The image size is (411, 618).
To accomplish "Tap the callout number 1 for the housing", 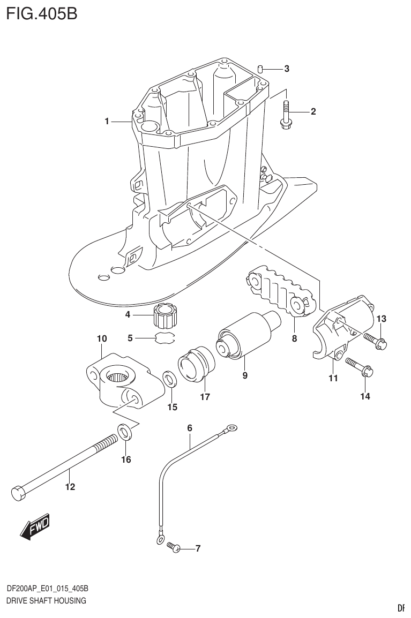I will [x=107, y=122].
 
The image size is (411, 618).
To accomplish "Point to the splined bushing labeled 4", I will [x=164, y=316].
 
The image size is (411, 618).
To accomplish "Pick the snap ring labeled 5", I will [x=165, y=338].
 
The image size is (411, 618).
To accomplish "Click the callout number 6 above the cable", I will [x=189, y=428].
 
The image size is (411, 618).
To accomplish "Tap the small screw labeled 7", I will [x=173, y=547].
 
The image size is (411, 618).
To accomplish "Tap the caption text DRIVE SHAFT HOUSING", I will [x=46, y=601].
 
